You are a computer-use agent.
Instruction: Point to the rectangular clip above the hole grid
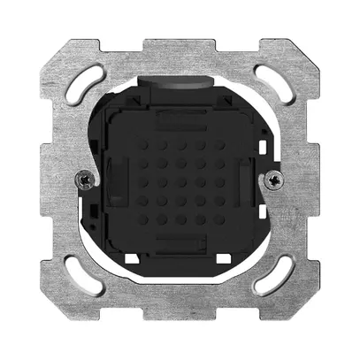click(x=180, y=119)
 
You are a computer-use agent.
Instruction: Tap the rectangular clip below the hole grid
click(x=180, y=241)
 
